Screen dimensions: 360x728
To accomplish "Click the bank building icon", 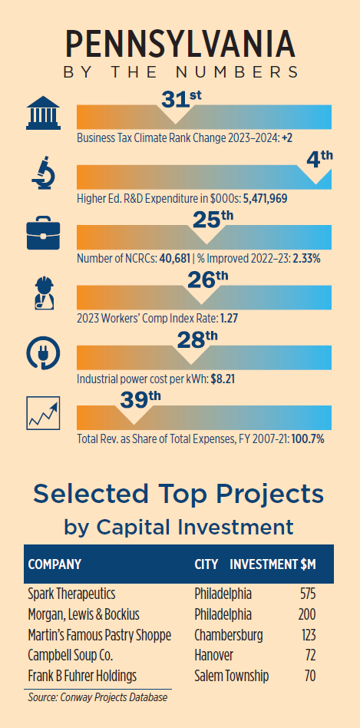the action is [43, 112].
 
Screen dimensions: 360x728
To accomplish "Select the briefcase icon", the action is [43, 233].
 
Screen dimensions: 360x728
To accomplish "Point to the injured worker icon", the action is [45, 293].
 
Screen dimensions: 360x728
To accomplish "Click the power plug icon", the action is [43, 353].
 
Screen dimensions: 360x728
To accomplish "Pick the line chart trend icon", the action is [43, 412].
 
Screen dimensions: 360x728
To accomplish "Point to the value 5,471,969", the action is [266, 199].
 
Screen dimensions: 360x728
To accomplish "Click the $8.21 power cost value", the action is [223, 379].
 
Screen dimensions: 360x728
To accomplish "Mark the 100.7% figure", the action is [308, 438].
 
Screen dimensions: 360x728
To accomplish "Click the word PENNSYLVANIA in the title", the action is [180, 45].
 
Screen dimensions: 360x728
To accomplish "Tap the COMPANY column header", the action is [54, 564].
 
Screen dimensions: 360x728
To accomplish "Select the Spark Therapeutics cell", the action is [72, 594].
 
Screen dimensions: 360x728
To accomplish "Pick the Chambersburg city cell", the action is [229, 635].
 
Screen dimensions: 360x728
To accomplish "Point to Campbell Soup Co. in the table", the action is [71, 656].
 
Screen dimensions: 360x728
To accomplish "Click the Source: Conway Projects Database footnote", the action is [97, 697].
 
